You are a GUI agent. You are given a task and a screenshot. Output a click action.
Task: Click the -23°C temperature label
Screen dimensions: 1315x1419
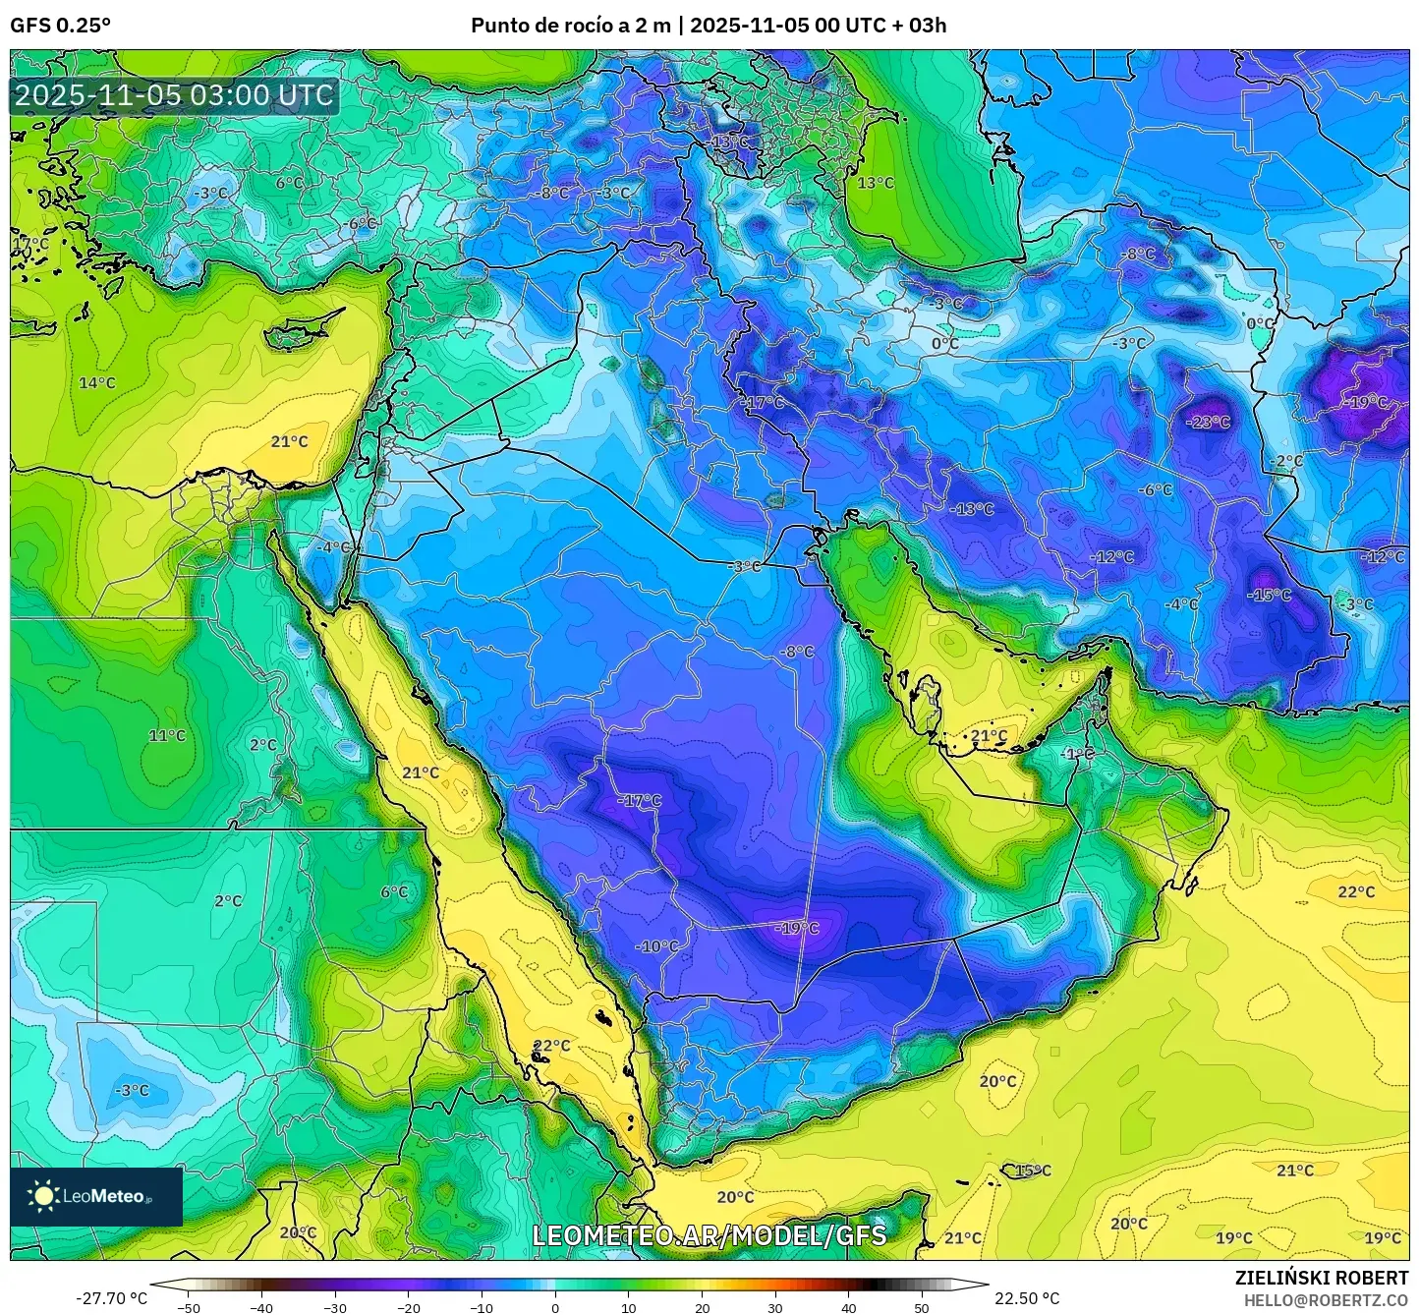tap(1209, 422)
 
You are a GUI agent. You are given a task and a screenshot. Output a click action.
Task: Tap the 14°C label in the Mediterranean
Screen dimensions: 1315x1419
tap(97, 382)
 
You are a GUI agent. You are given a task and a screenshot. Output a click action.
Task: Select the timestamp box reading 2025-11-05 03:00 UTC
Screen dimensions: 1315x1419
tap(174, 95)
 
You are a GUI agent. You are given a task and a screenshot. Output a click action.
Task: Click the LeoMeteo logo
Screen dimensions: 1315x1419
tap(95, 1196)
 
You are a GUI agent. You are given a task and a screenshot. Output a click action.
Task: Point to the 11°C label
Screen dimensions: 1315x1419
tap(166, 735)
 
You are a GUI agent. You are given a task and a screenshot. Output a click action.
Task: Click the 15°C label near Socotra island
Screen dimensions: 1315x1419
tap(1033, 1170)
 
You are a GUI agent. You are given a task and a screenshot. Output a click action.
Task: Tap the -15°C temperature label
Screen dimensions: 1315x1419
tap(1270, 595)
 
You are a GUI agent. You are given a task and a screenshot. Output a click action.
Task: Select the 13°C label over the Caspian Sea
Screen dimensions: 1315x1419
tap(876, 183)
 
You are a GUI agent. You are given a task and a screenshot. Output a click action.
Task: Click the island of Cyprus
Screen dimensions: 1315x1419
tap(300, 331)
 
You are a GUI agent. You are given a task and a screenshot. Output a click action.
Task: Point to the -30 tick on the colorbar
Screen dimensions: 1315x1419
tap(335, 1306)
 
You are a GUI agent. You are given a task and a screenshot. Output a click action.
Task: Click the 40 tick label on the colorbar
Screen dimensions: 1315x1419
tap(848, 1306)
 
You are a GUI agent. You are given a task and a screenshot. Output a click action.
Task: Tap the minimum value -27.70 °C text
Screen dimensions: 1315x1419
tap(111, 1297)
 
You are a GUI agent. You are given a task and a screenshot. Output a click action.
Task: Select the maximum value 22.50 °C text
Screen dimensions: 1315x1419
tap(1027, 1297)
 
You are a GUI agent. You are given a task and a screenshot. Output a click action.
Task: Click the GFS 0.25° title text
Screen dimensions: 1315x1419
tap(60, 25)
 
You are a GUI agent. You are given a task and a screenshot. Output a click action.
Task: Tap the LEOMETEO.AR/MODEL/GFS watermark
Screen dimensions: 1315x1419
tap(709, 1234)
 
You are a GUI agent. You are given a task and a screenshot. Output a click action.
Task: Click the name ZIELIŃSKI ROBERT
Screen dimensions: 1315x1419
tap(1321, 1277)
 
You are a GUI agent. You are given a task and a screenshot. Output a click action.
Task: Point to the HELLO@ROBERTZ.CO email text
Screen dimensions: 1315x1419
tap(1326, 1299)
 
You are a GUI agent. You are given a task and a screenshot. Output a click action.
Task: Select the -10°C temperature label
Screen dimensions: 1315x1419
tap(657, 945)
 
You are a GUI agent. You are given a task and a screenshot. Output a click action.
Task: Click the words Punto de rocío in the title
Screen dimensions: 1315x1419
tap(541, 25)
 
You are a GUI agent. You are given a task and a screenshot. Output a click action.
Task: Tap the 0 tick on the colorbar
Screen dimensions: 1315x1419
tap(555, 1306)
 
